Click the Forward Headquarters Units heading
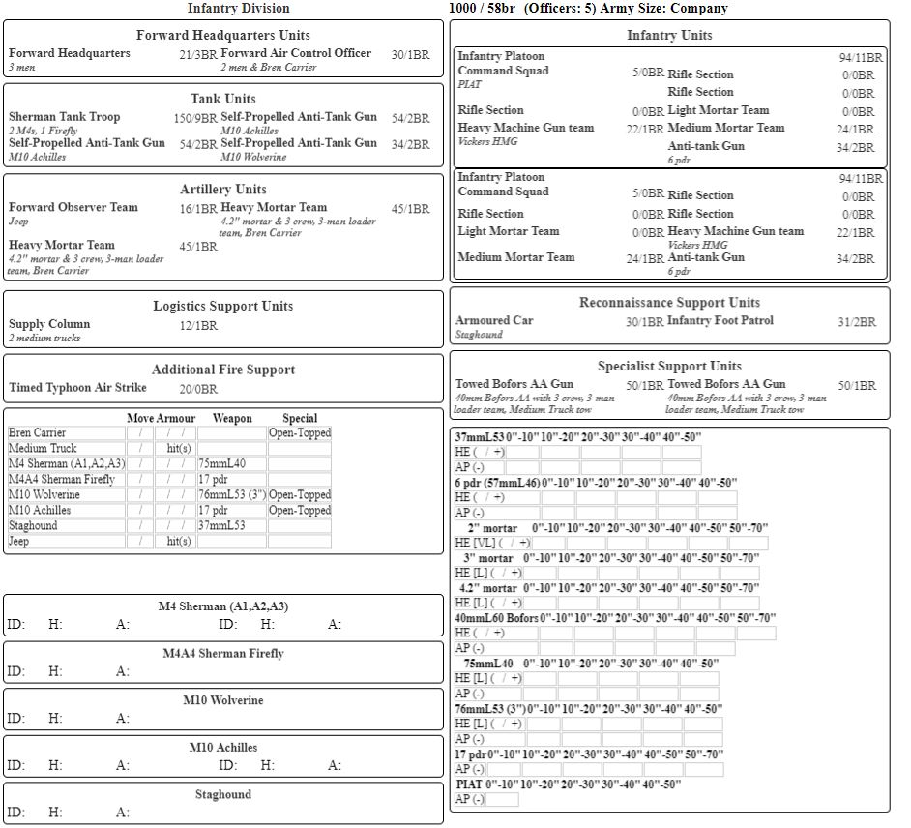pyautogui.click(x=222, y=35)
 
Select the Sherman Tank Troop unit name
pyautogui.click(x=65, y=117)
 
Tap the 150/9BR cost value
pyautogui.click(x=195, y=118)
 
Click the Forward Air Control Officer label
pyautogui.click(x=296, y=53)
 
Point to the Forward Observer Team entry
pyautogui.click(x=73, y=207)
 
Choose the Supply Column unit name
pyautogui.click(x=49, y=324)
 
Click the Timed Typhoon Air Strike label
pyautogui.click(x=78, y=388)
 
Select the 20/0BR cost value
pyautogui.click(x=198, y=389)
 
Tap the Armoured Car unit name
pyautogui.click(x=494, y=320)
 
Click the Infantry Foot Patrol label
pyautogui.click(x=720, y=320)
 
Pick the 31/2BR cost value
pyautogui.click(x=857, y=322)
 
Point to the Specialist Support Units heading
pyautogui.click(x=669, y=366)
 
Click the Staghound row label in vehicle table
pyautogui.click(x=33, y=526)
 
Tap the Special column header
pyautogui.click(x=300, y=418)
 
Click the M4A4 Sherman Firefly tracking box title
pyautogui.click(x=222, y=653)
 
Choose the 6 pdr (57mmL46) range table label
pyautogui.click(x=497, y=482)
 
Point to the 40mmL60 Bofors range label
pyautogui.click(x=496, y=618)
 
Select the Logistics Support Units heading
pyautogui.click(x=222, y=306)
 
